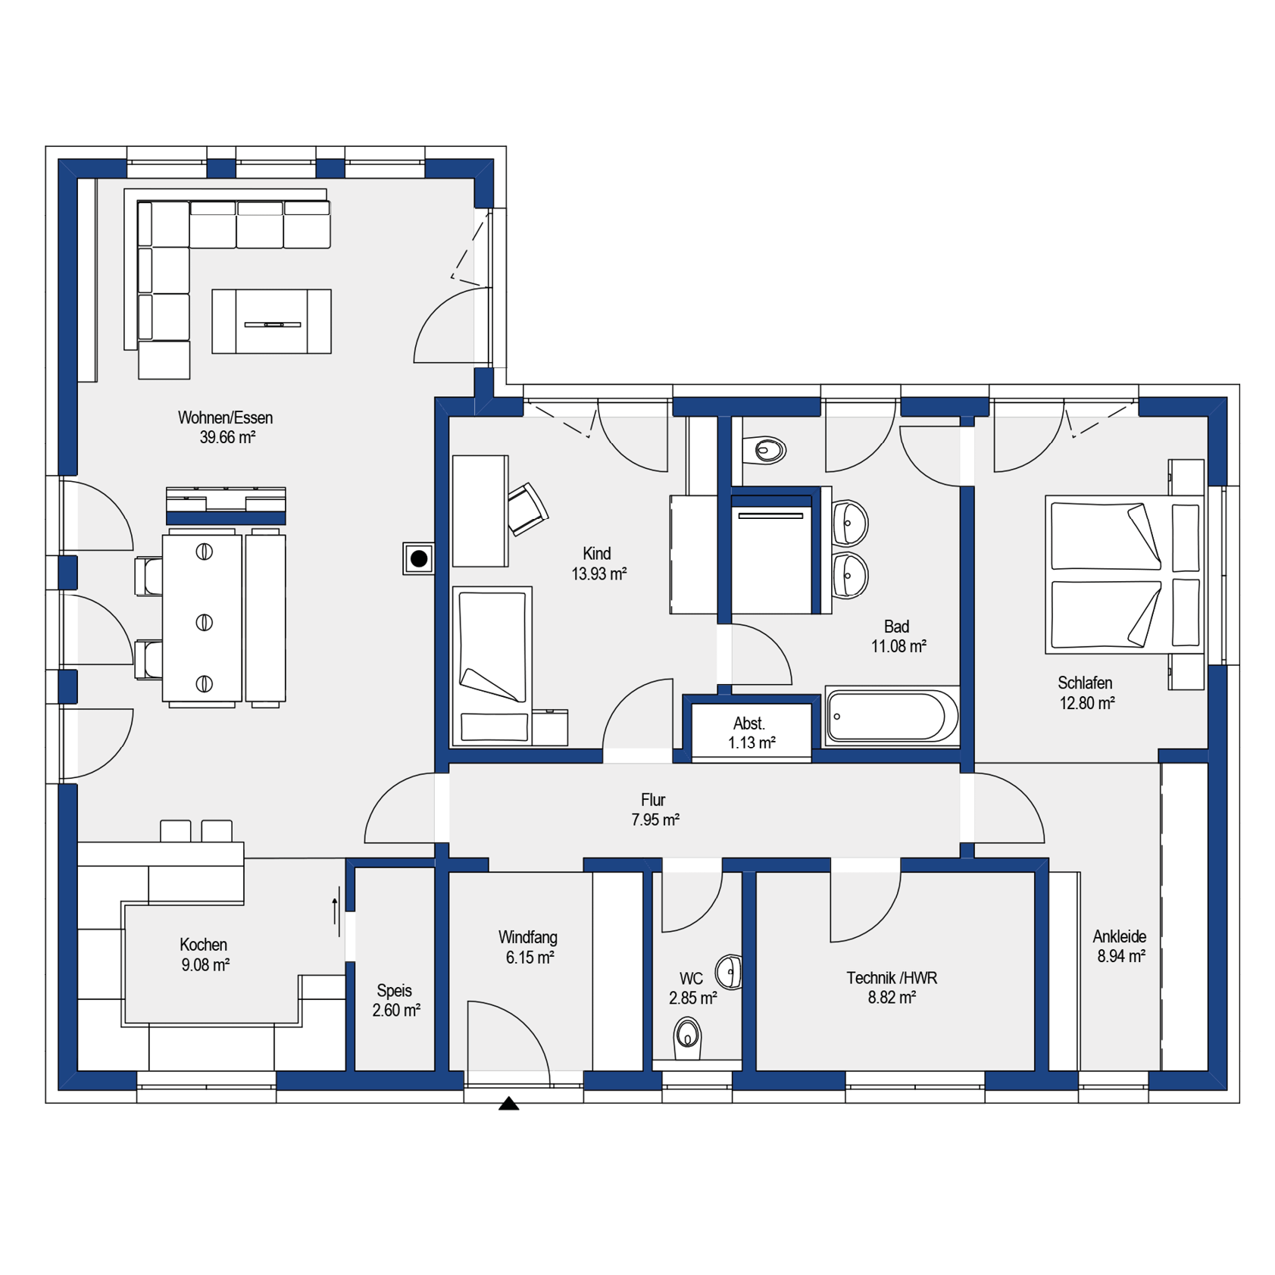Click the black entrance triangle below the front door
coord(508,1103)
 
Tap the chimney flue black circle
coord(419,559)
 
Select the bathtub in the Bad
coord(892,715)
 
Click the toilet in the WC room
coord(688,1036)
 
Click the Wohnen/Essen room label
coord(225,417)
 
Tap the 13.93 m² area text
coord(598,574)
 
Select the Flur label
coord(652,800)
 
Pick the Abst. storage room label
coord(748,723)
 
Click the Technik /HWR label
coord(892,978)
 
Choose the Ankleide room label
coord(1119,936)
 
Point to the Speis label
coord(394,990)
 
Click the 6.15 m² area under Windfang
coord(530,958)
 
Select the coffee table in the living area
coord(271,321)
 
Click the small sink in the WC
coord(730,971)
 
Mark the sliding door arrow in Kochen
coord(335,911)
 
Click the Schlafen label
coord(1085,683)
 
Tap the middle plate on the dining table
coord(204,623)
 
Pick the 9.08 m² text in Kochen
coord(205,965)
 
